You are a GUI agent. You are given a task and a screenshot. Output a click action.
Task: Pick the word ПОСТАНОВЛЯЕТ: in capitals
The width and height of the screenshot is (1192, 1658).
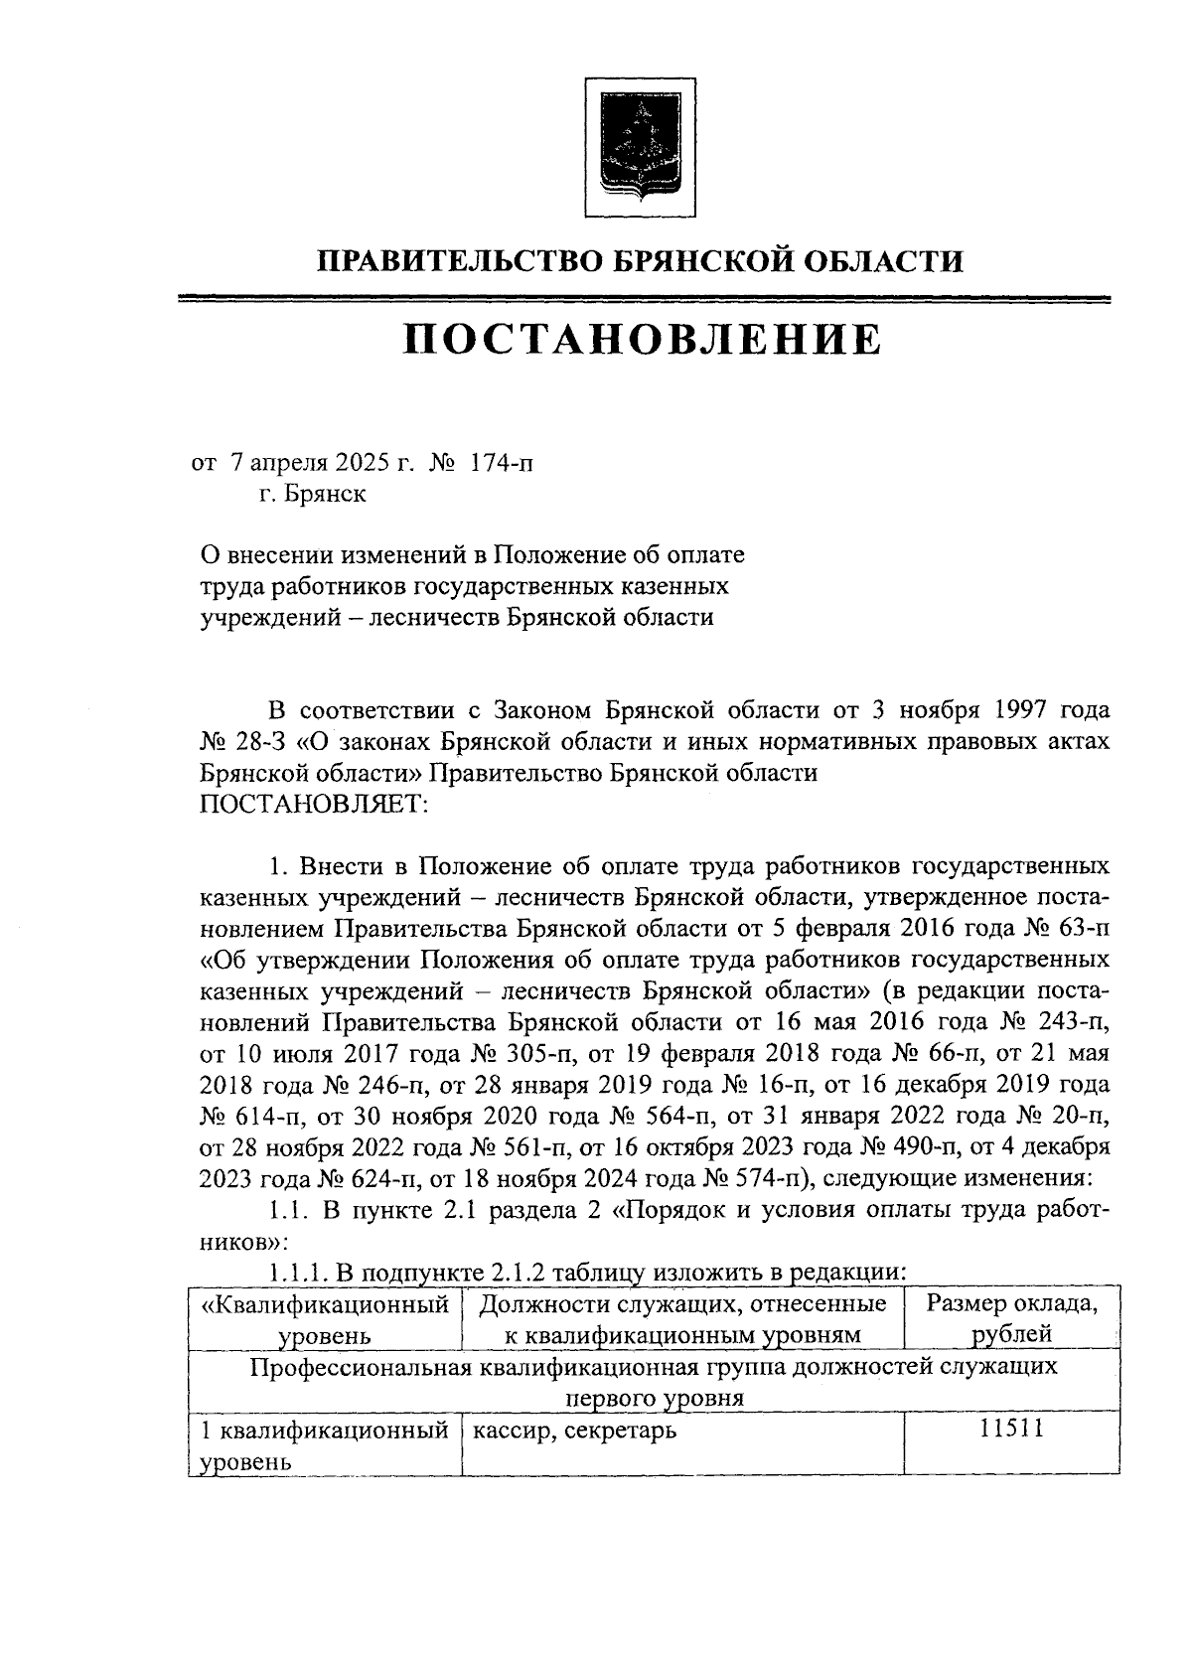click(x=314, y=804)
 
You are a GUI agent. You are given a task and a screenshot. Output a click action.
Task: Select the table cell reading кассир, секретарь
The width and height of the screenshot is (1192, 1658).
click(x=575, y=1432)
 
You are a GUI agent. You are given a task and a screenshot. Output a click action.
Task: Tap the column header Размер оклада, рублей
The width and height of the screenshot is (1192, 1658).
click(x=1012, y=1318)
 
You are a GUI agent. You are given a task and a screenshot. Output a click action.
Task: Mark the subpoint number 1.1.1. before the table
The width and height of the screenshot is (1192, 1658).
click(x=296, y=1273)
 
